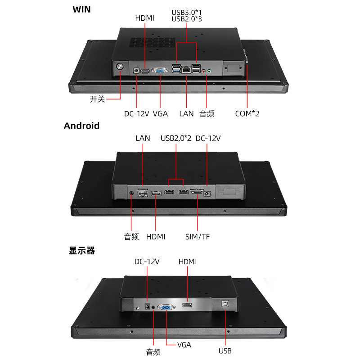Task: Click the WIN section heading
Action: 81,9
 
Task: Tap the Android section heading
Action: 81,126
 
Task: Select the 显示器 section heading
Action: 81,251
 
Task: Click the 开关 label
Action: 97,99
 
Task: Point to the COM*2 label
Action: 247,113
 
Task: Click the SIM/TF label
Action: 198,237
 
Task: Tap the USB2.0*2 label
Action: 176,138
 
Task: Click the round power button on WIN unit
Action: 120,67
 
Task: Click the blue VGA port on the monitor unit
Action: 166,307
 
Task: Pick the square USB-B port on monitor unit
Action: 225,304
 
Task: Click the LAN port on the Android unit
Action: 143,193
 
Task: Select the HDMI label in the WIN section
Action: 144,18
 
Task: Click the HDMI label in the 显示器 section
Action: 187,261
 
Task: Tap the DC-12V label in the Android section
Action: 208,138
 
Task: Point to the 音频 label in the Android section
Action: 131,237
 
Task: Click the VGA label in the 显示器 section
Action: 184,345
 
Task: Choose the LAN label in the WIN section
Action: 186,113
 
